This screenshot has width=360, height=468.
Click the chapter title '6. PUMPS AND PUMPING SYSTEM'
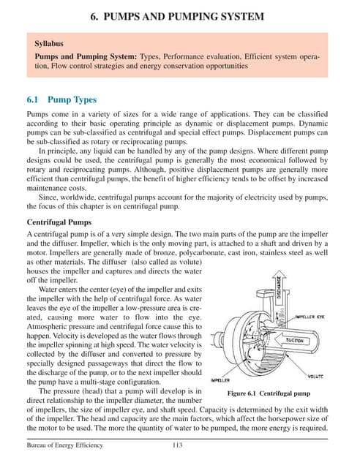point(180,16)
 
